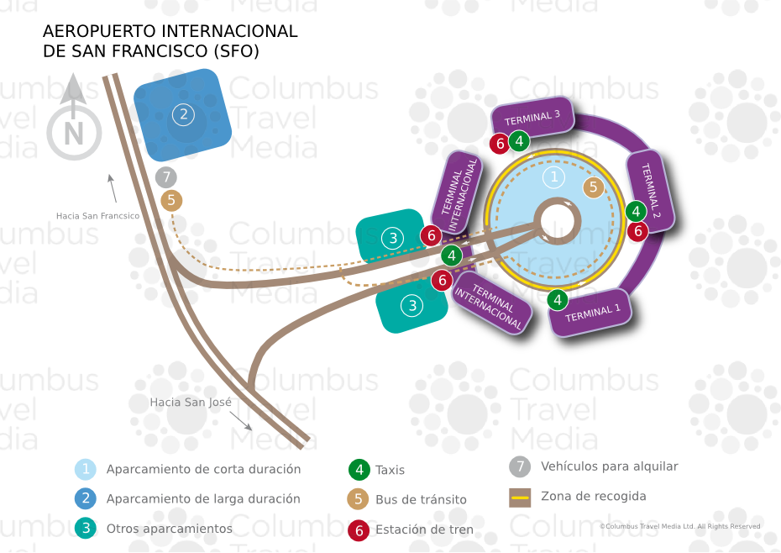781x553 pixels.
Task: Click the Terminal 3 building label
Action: click(x=532, y=118)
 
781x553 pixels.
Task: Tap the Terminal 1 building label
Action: click(x=592, y=313)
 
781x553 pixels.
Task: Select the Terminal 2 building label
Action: click(x=651, y=191)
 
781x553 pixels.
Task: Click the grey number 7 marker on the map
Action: click(x=166, y=177)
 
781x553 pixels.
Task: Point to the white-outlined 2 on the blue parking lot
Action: click(x=183, y=114)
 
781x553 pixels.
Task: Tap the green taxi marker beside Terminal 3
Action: click(x=519, y=141)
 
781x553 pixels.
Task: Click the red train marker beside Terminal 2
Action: click(x=637, y=231)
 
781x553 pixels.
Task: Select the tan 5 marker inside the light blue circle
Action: click(x=593, y=187)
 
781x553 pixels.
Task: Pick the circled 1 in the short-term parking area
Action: click(x=553, y=177)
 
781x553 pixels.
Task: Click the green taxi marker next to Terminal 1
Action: click(x=558, y=300)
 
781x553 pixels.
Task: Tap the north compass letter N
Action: click(x=74, y=134)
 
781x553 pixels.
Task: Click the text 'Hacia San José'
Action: click(x=191, y=402)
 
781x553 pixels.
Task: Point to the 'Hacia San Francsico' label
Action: click(x=97, y=216)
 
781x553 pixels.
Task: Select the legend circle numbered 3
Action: click(x=86, y=528)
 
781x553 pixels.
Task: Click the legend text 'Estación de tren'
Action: click(x=424, y=529)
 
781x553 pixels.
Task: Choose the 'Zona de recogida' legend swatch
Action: click(x=520, y=498)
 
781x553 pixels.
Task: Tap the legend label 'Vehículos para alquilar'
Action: click(x=610, y=466)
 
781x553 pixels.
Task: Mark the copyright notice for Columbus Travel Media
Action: click(x=680, y=526)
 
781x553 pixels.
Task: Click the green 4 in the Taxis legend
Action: click(x=359, y=470)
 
